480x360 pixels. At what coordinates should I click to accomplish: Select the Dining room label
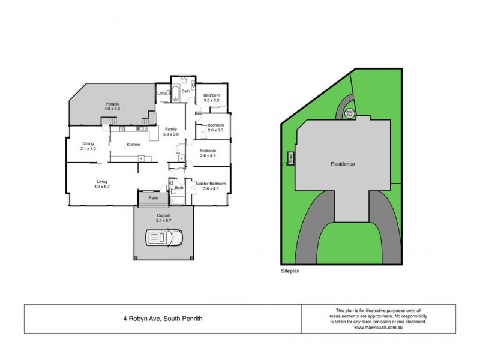point(88,143)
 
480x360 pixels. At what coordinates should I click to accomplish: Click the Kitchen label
point(133,145)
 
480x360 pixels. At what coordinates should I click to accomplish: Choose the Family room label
point(171,130)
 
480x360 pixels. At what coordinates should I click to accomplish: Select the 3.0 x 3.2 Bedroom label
point(211,96)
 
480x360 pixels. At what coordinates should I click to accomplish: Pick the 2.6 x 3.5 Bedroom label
point(215,125)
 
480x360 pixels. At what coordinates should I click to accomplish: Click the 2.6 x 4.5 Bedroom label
point(208,151)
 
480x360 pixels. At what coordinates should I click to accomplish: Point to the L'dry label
point(161,94)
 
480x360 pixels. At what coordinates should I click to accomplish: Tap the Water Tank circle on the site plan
point(349,112)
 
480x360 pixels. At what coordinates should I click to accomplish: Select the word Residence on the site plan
point(343,164)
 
